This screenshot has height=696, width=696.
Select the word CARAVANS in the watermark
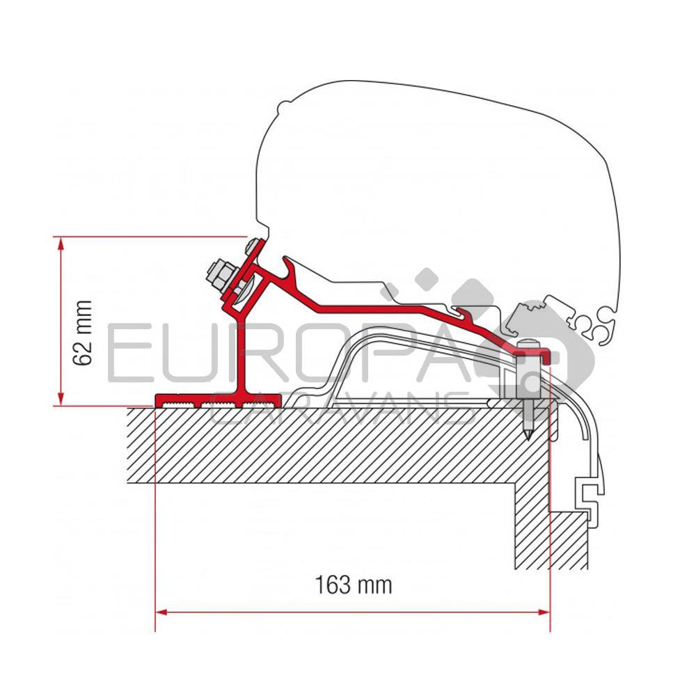click(341, 411)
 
